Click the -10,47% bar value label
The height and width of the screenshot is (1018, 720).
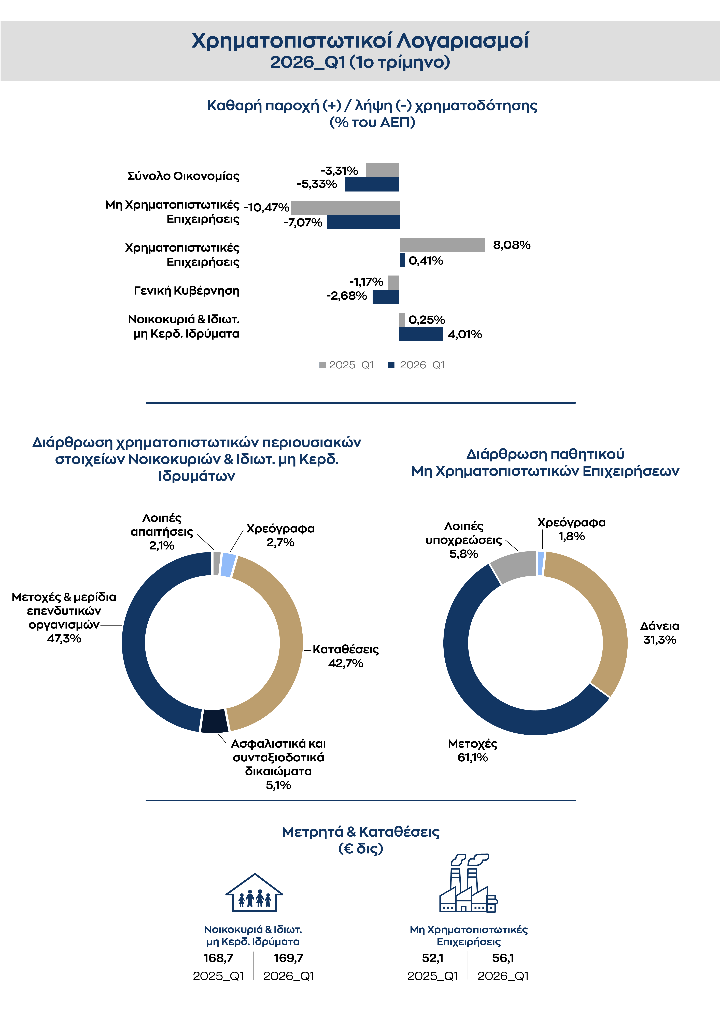[267, 208]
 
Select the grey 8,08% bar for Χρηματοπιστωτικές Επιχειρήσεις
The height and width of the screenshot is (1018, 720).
[442, 245]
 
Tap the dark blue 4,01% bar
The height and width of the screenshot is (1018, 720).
[421, 334]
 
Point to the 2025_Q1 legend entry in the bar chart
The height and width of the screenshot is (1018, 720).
[346, 365]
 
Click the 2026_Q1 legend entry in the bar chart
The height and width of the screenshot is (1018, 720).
[417, 365]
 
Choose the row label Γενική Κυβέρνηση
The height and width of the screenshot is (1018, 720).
[187, 291]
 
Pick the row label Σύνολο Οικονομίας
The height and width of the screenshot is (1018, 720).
[183, 176]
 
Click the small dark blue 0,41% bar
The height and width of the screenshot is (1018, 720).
[402, 260]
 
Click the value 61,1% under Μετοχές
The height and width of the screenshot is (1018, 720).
[472, 757]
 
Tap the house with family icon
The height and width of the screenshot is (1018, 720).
[254, 893]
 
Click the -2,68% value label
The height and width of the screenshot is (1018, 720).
[346, 296]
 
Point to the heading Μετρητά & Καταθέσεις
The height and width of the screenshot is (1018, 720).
[361, 832]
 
